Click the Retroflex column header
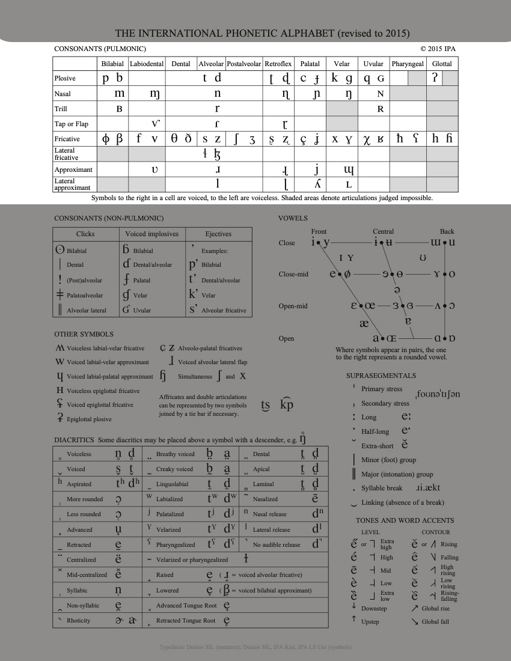pos(278,64)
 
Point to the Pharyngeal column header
pos(408,64)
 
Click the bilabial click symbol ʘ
pos(60,250)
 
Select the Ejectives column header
pos(218,234)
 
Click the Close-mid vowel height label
pos(293,274)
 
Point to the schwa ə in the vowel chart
pos(397,290)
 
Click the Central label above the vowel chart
pos(383,231)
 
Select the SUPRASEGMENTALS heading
pos(381,376)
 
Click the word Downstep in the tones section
pos(374,609)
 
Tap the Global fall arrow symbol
pos(414,621)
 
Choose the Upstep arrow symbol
pos(354,620)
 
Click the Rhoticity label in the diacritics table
pos(78,621)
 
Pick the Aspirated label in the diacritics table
pos(79,484)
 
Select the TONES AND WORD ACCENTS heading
pos(405,520)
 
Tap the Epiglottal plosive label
pos(89,419)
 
